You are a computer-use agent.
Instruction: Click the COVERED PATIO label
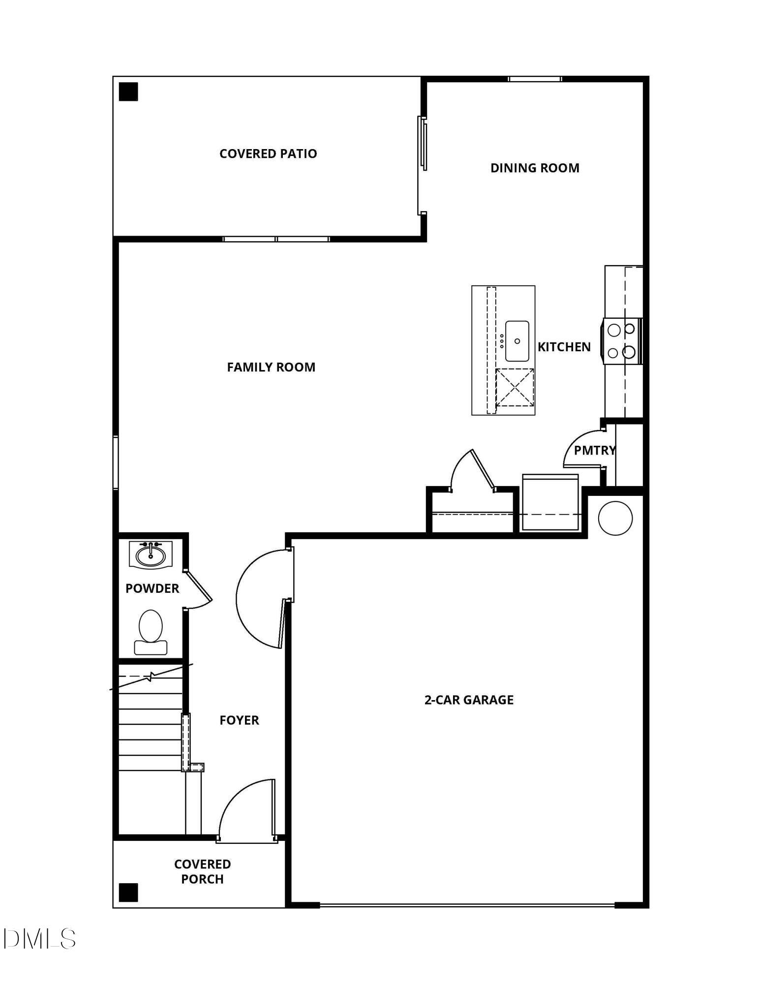point(268,154)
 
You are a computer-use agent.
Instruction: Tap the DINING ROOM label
point(535,168)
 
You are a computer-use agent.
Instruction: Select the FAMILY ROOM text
point(271,367)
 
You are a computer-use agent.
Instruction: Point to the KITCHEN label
point(564,347)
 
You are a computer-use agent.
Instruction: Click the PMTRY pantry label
point(595,450)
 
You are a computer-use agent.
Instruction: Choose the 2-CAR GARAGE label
point(469,700)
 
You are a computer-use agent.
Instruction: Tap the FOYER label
point(239,720)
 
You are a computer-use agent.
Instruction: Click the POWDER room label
point(152,588)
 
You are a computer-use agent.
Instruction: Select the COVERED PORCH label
point(202,871)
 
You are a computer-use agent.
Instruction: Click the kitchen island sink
point(517,341)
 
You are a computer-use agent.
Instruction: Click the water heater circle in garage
point(615,518)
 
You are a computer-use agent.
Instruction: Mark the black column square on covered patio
point(128,92)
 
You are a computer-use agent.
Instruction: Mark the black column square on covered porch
point(128,892)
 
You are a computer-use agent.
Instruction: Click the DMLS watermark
point(39,938)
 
